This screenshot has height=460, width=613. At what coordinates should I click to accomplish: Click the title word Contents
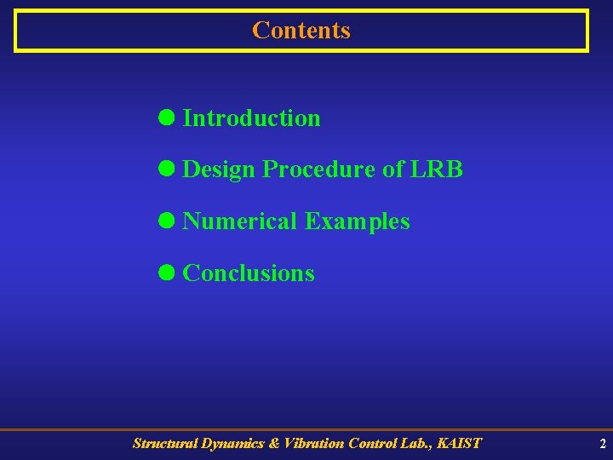301,31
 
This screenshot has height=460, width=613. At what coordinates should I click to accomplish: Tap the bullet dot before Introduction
167,118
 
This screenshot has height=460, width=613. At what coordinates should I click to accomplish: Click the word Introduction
251,118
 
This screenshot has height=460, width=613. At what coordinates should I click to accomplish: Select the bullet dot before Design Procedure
167,170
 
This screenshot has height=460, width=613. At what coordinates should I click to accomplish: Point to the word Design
219,170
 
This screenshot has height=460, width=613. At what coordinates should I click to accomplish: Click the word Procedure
319,170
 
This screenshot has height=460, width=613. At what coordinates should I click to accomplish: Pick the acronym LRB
437,170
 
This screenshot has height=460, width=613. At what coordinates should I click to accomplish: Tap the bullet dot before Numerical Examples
167,221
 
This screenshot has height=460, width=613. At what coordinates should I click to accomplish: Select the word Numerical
240,221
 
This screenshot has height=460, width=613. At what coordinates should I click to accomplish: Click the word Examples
358,222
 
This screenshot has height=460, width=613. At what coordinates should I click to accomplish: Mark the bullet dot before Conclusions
167,273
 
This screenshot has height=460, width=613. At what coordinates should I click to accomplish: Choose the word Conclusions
249,273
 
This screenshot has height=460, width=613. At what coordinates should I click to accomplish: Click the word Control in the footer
374,443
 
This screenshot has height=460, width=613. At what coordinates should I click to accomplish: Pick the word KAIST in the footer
459,443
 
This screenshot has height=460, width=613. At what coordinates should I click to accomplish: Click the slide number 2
602,444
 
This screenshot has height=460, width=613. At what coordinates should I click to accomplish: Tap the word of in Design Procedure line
393,170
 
